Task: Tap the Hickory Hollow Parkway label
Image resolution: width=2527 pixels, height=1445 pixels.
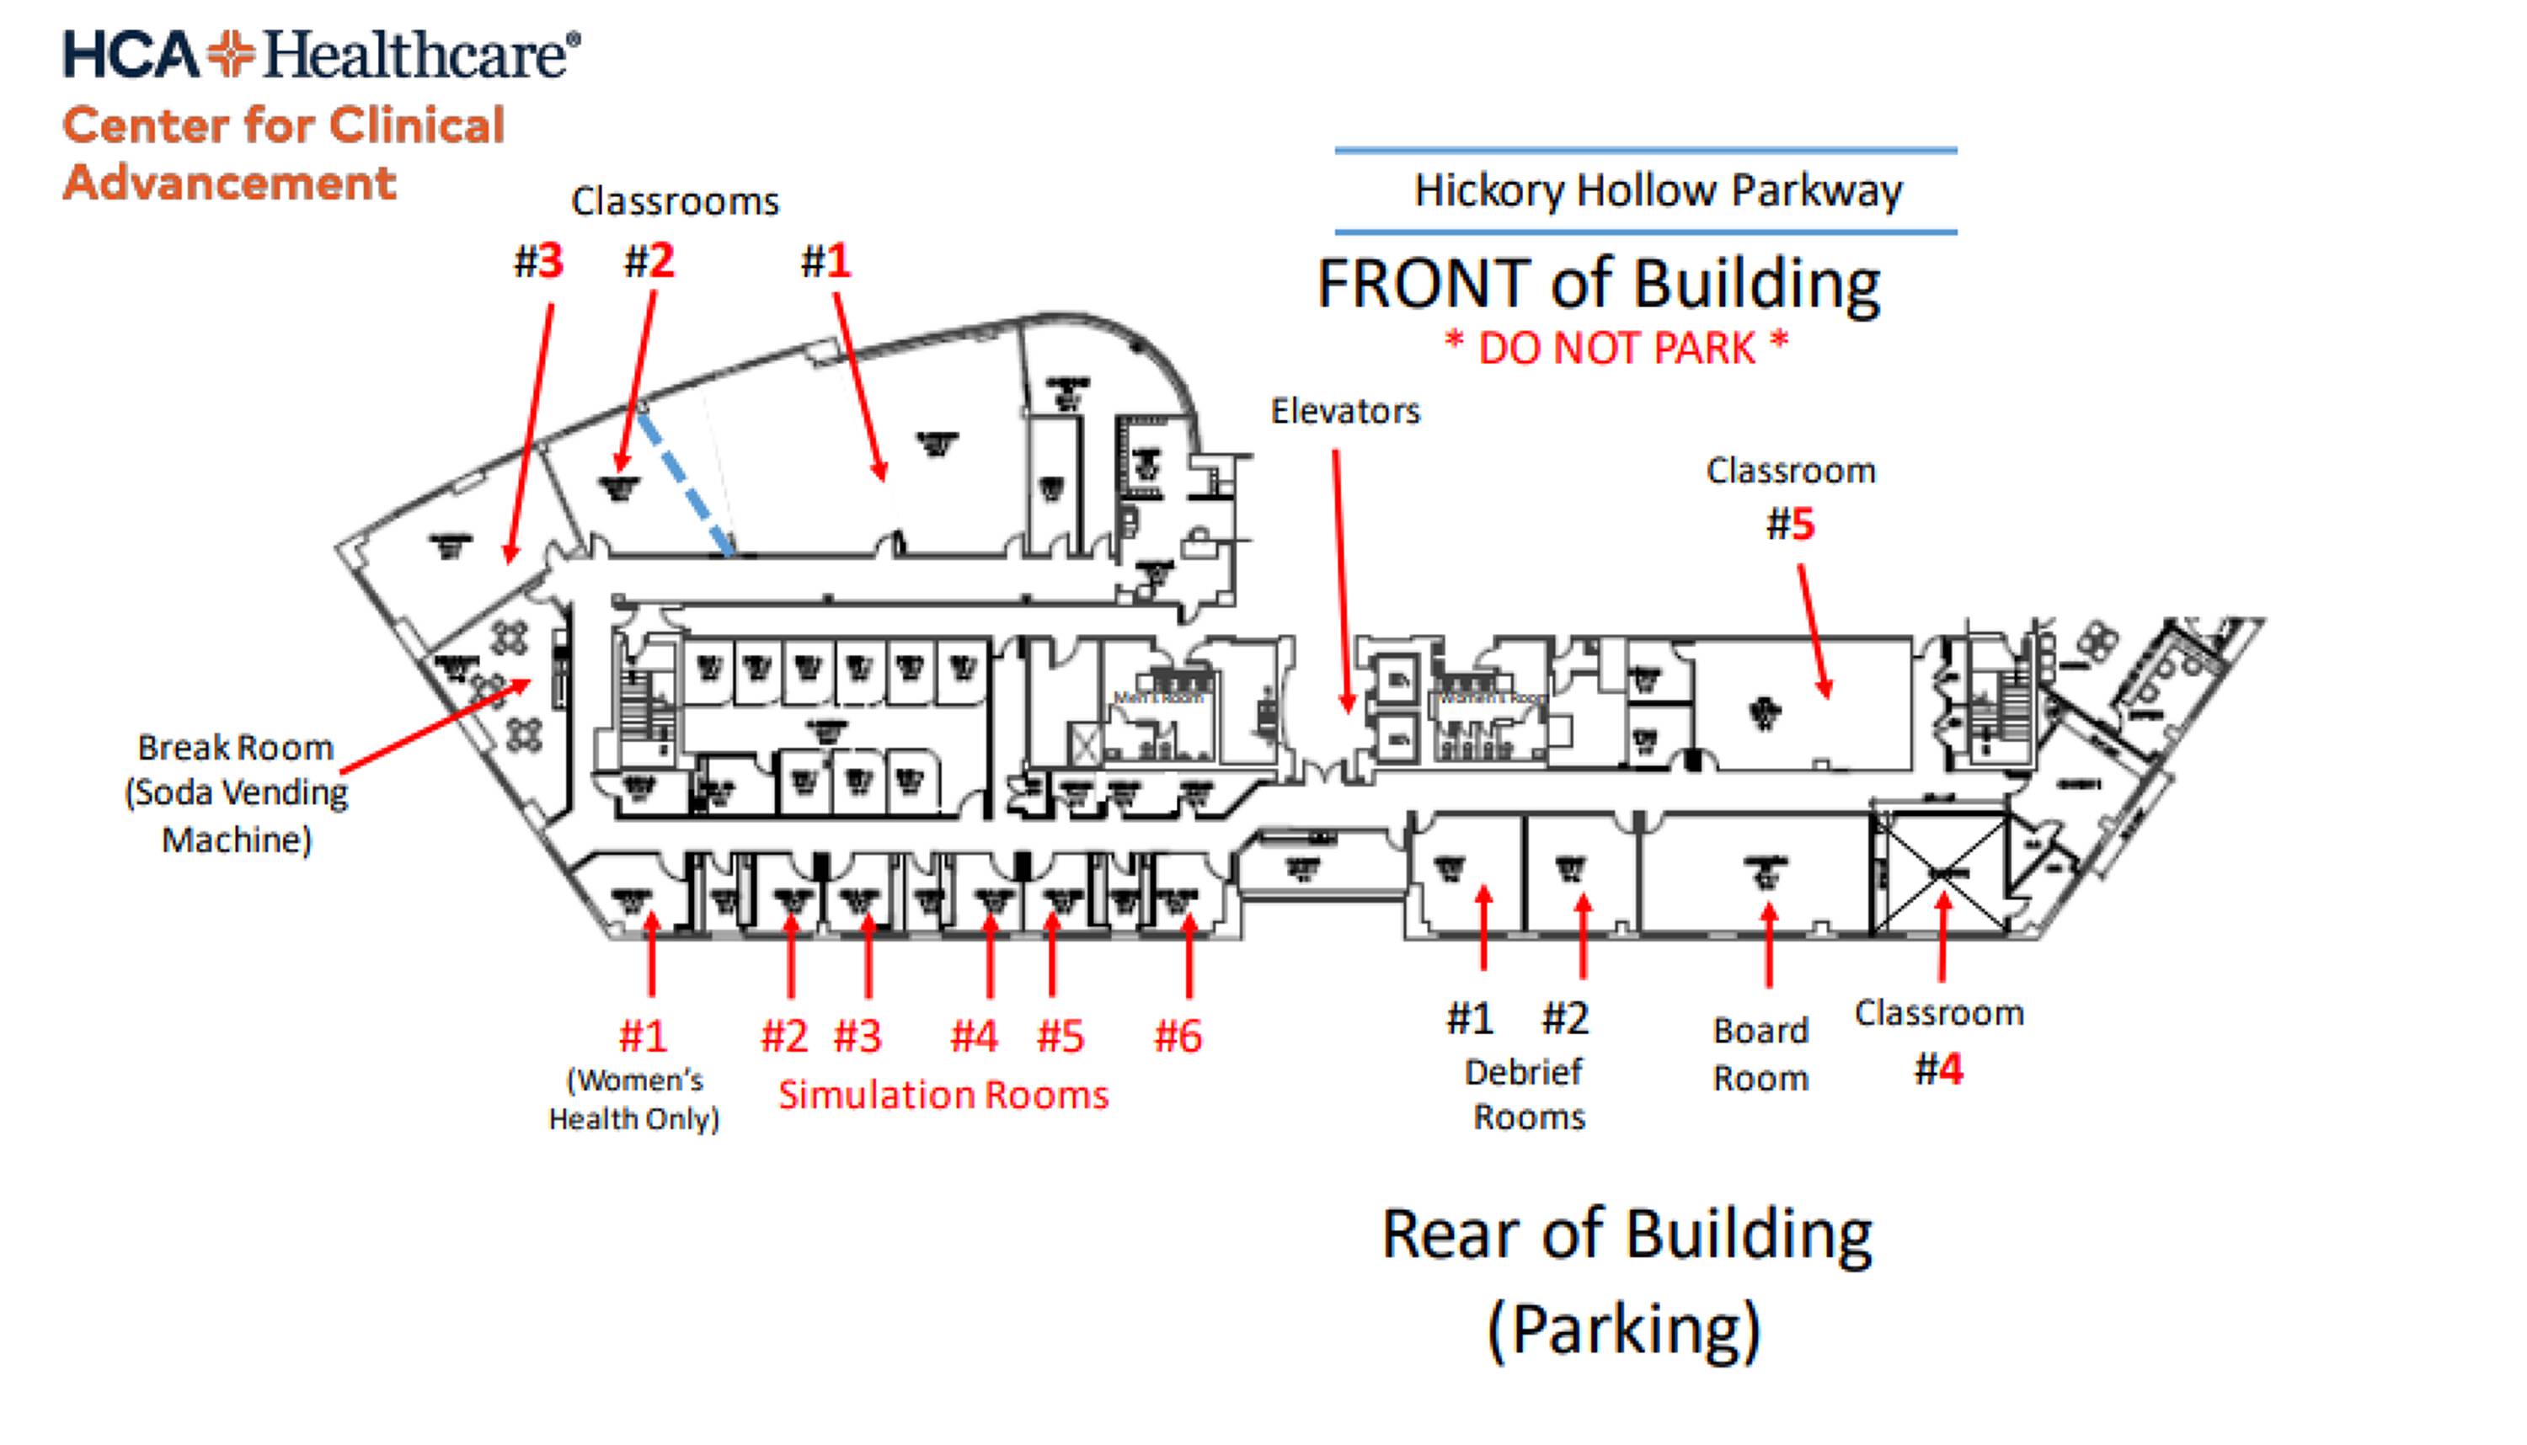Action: click(x=1657, y=190)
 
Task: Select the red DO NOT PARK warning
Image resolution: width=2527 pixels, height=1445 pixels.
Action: click(x=1615, y=347)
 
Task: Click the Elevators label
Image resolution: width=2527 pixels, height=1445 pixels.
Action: click(x=1345, y=411)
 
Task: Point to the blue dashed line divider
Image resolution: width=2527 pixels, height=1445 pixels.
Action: click(x=687, y=483)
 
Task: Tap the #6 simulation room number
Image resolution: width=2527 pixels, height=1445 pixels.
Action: click(x=1178, y=1036)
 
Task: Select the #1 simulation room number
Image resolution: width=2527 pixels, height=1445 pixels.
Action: click(x=644, y=1036)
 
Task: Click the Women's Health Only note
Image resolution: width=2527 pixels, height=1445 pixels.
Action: click(x=634, y=1100)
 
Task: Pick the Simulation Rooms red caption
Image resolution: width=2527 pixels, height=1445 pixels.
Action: click(x=943, y=1095)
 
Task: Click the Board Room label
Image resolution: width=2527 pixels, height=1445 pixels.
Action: click(x=1760, y=1054)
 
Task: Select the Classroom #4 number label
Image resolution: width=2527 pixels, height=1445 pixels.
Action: click(x=1938, y=1069)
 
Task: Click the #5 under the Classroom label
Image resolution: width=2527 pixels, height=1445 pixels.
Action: click(x=1791, y=524)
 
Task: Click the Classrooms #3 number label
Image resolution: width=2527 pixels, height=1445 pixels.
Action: click(x=538, y=261)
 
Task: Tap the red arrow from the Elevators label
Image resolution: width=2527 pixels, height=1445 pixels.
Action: click(x=1341, y=580)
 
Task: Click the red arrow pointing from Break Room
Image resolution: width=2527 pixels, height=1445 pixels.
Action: click(x=436, y=726)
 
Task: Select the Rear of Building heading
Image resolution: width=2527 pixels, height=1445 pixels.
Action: click(x=1627, y=1235)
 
